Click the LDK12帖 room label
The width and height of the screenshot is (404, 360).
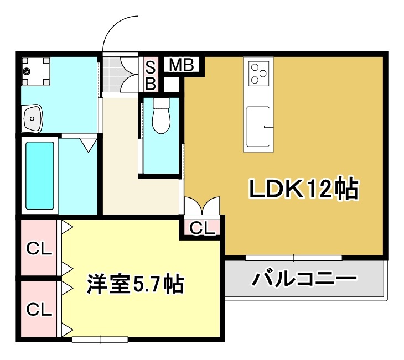point(303,190)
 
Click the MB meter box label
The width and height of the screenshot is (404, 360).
point(180,65)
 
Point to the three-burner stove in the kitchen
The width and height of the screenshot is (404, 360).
point(257,73)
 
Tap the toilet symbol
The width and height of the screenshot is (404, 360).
point(162,116)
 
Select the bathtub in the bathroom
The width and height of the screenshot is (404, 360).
point(40,174)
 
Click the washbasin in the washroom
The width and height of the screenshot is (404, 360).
point(33,118)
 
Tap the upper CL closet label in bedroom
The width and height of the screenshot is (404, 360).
point(40,249)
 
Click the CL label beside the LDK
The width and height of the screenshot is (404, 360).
point(202,228)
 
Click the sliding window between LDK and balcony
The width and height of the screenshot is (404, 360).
point(293,257)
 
